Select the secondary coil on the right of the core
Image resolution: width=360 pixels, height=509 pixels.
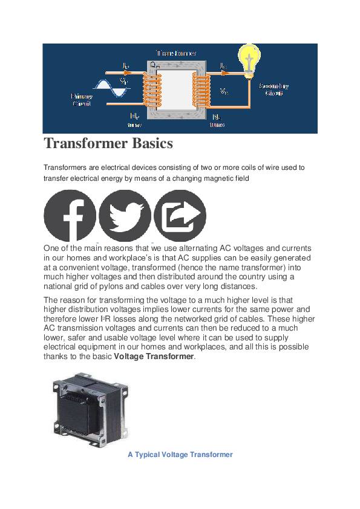(200, 88)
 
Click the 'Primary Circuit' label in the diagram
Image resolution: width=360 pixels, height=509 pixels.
(82, 100)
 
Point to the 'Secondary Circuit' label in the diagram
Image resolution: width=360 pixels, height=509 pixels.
(273, 89)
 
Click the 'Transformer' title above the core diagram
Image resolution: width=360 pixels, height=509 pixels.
(176, 53)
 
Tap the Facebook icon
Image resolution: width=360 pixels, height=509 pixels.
(70, 216)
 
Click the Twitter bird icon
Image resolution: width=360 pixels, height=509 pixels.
(125, 216)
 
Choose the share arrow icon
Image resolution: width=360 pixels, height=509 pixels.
(180, 216)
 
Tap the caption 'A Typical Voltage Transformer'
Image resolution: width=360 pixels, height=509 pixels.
(180, 454)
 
